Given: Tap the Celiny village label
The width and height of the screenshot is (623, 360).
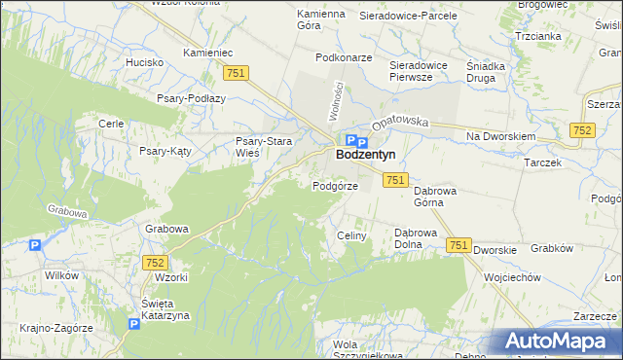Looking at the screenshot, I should click(350, 236).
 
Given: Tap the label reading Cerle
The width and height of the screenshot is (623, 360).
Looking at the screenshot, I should click(110, 124).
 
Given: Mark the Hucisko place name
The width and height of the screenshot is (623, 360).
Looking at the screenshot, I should click(144, 61).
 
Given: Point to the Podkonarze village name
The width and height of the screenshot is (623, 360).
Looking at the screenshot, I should click(345, 57).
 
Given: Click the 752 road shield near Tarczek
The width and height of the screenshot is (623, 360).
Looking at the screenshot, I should click(583, 129).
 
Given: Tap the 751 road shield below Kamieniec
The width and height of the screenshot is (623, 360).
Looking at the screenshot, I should click(236, 73).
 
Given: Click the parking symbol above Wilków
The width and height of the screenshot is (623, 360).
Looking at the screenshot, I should click(36, 246).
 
